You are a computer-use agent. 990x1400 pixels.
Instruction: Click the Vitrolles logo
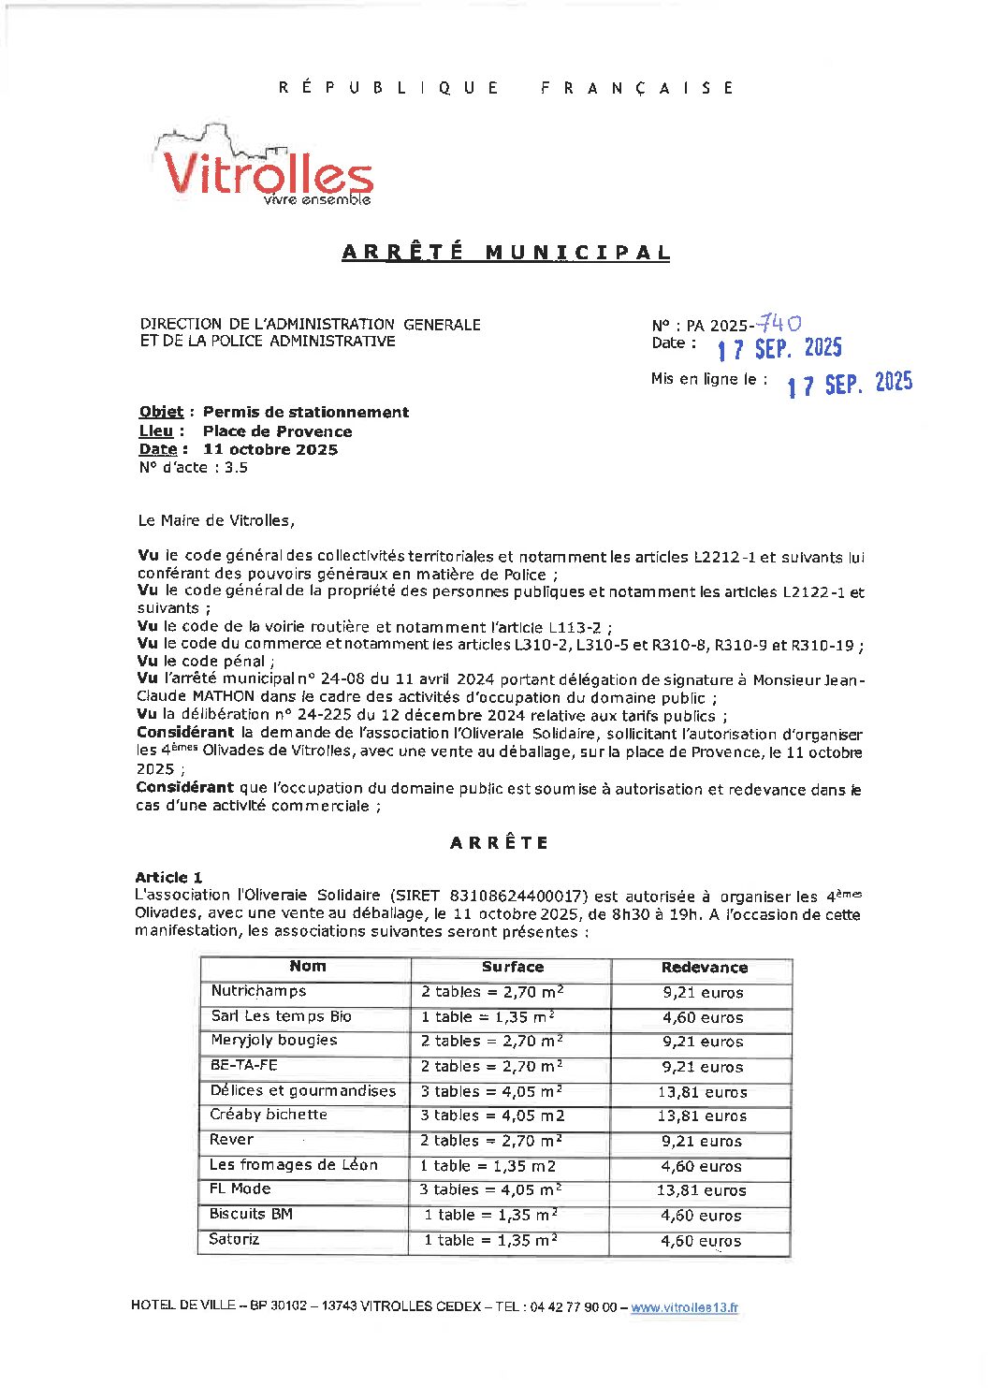coord(265,168)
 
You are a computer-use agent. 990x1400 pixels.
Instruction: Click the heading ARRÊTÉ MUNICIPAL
coord(505,253)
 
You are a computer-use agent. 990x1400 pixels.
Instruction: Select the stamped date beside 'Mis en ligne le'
coord(849,383)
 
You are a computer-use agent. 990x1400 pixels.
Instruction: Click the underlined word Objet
coord(161,412)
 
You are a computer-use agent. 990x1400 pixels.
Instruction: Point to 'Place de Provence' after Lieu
coord(277,431)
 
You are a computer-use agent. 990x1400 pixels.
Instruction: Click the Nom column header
coord(307,967)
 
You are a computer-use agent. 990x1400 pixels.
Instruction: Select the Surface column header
coord(512,968)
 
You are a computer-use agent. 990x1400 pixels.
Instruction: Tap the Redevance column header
coord(704,968)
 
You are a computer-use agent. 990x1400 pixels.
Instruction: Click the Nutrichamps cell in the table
coord(258,991)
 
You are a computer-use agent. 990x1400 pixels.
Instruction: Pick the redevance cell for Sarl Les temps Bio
coord(703,1017)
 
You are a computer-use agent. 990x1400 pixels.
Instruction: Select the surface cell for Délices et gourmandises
coord(491,1091)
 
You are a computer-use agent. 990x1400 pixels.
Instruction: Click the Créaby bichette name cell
coord(269,1115)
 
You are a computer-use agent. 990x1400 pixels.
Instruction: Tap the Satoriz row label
coord(234,1239)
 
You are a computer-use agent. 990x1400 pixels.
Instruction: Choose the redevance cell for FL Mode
coord(701,1190)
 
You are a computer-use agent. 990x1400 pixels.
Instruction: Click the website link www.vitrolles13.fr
coord(684,1307)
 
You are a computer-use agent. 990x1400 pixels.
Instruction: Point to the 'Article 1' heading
coord(168,877)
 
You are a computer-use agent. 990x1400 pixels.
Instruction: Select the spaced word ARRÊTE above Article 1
coord(499,842)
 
